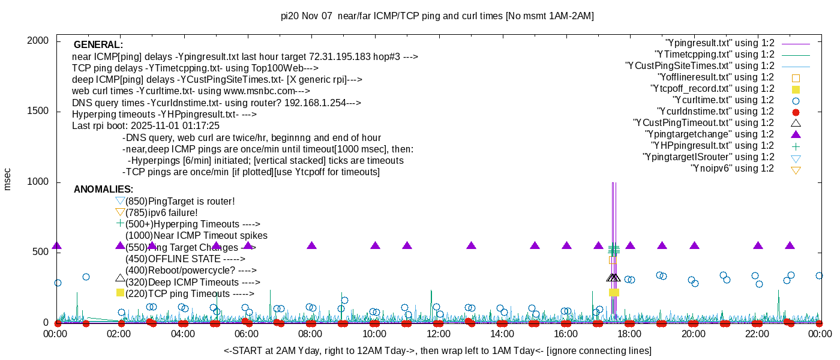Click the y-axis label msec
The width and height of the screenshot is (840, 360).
[x=8, y=179]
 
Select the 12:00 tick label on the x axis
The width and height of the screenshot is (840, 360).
[x=438, y=334]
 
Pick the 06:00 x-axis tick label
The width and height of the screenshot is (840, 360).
[x=247, y=334]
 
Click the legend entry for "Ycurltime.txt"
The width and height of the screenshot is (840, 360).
[x=722, y=100]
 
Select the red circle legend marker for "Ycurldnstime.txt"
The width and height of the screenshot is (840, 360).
[x=796, y=112]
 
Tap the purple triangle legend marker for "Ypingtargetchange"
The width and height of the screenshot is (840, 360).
[x=796, y=134]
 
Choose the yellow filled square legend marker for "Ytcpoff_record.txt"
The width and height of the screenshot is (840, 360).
[x=796, y=89]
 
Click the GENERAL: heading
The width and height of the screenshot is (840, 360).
[x=98, y=45]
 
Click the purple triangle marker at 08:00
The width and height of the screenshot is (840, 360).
[x=311, y=245]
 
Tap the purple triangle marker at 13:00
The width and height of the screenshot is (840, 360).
[x=471, y=245]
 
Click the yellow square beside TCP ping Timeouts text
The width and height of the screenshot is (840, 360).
[x=120, y=292]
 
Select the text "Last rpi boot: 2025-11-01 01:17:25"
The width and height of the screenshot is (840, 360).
[x=146, y=126]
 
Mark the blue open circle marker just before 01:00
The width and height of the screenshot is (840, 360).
[x=86, y=277]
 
